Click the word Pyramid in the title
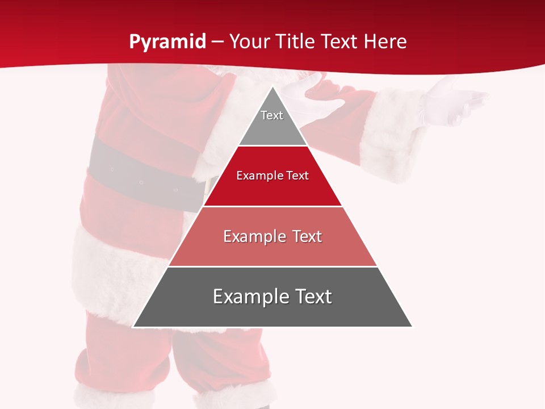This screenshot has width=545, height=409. click(167, 42)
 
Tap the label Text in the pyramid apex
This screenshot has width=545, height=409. click(272, 115)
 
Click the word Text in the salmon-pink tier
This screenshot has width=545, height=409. click(307, 236)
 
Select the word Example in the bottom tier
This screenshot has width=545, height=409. click(250, 297)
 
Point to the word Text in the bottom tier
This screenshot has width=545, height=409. click(313, 297)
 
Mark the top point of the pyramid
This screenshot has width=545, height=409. click(272, 86)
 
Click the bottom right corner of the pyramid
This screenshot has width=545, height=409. click(412, 327)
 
